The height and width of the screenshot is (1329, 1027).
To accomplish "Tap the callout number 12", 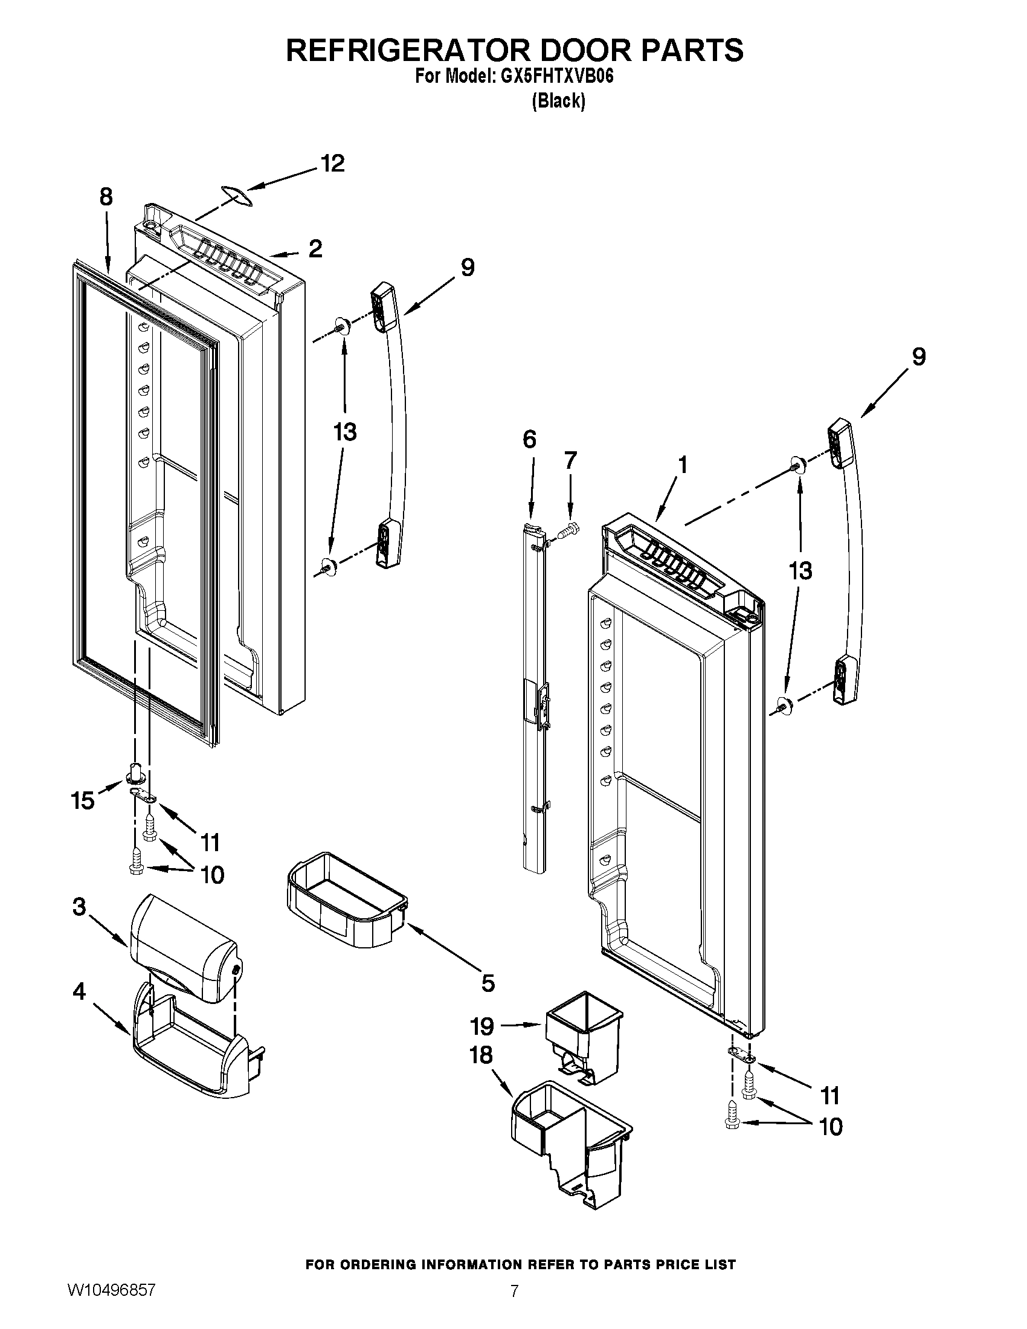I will click(x=332, y=163).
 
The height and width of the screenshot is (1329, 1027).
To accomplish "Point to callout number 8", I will click(x=106, y=197).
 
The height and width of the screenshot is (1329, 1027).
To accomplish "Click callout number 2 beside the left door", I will click(x=315, y=248).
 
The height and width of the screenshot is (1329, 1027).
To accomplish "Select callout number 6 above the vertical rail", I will click(x=529, y=439).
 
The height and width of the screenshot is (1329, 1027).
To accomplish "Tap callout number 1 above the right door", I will click(x=683, y=465).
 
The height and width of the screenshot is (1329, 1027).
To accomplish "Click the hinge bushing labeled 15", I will click(x=136, y=773).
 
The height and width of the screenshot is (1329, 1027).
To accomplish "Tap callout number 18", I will click(x=481, y=1055).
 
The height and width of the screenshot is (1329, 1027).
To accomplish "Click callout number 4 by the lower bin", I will click(x=79, y=992).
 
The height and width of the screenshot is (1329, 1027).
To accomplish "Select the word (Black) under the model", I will click(x=558, y=101).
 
